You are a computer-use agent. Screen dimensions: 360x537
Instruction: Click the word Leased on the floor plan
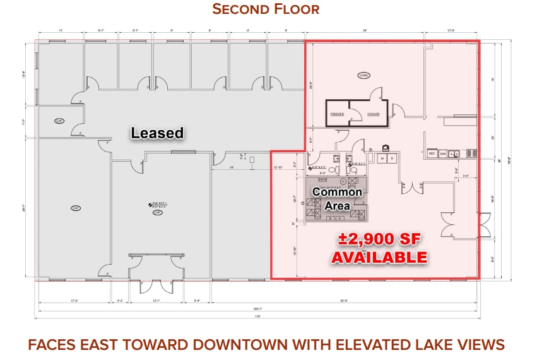(157, 133)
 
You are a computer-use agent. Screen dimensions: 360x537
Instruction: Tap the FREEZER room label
(337, 114)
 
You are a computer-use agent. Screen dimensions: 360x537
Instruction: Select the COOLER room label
(374, 114)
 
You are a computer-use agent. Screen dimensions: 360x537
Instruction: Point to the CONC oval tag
(364, 75)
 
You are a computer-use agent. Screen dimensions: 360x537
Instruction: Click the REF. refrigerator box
(432, 153)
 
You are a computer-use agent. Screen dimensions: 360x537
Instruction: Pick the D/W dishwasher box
(443, 153)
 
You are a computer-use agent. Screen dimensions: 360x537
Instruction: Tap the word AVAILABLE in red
(379, 257)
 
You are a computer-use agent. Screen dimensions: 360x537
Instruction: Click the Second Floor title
(266, 9)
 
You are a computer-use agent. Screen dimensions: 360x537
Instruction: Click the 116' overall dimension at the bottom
(257, 316)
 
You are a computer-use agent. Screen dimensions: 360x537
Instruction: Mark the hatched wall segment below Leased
(184, 152)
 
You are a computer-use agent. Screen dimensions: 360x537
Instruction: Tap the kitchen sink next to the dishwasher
(454, 153)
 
